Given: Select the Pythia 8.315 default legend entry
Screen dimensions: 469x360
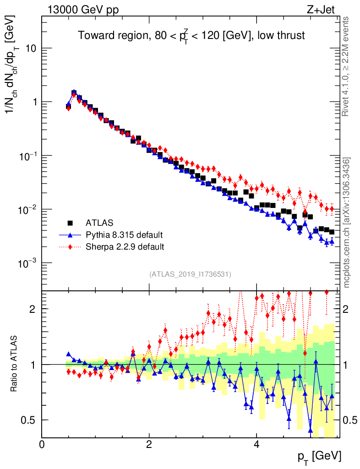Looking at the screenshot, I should click(x=124, y=235).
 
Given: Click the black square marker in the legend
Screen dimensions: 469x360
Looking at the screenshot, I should click(x=71, y=224).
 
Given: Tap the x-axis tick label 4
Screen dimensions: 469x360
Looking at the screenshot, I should click(x=256, y=444).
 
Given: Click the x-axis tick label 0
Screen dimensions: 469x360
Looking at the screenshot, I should click(x=42, y=444).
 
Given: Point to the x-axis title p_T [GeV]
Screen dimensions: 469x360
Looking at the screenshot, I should click(x=320, y=456).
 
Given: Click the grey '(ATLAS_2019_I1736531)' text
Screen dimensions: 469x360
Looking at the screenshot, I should click(x=190, y=274).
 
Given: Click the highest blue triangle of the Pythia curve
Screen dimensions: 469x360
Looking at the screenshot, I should click(x=74, y=93).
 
